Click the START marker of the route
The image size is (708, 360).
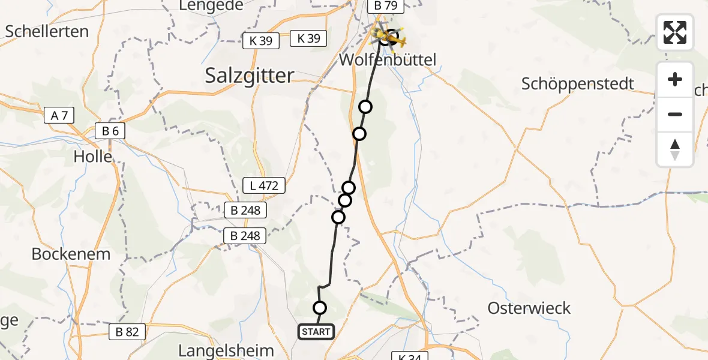pyautogui.click(x=316, y=332)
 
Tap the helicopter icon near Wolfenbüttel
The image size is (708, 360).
pyautogui.click(x=389, y=38)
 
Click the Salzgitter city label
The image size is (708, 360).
pyautogui.click(x=250, y=75)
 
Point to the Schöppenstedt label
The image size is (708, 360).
pyautogui.click(x=577, y=83)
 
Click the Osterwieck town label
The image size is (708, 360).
pyautogui.click(x=529, y=308)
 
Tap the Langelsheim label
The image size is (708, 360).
pyautogui.click(x=227, y=350)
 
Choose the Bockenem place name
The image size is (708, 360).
pyautogui.click(x=71, y=253)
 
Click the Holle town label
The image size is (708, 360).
pyautogui.click(x=93, y=157)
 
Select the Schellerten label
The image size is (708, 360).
pyautogui.click(x=47, y=31)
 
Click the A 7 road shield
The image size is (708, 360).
pyautogui.click(x=59, y=115)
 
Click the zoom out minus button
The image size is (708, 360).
pyautogui.click(x=675, y=114)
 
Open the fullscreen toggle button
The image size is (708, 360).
pyautogui.click(x=675, y=32)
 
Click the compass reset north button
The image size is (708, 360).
pyautogui.click(x=675, y=149)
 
